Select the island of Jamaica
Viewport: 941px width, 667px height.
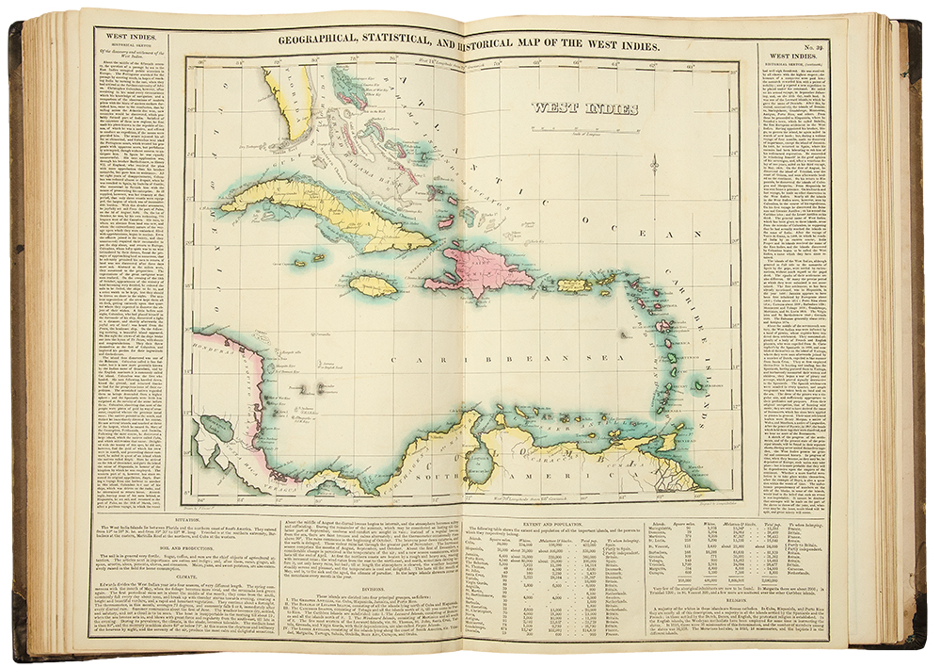[x=368, y=283]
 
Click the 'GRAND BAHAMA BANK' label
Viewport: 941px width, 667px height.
[x=366, y=150]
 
